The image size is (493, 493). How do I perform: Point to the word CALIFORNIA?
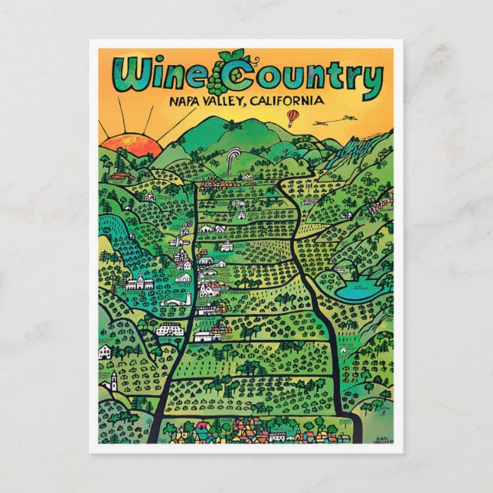click(x=282, y=101)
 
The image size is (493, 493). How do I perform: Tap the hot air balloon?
click(x=293, y=116)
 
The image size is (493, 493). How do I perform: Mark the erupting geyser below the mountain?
click(x=233, y=162)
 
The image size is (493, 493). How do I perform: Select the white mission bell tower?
click(x=113, y=381)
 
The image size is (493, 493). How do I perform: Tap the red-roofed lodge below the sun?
click(x=118, y=175)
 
